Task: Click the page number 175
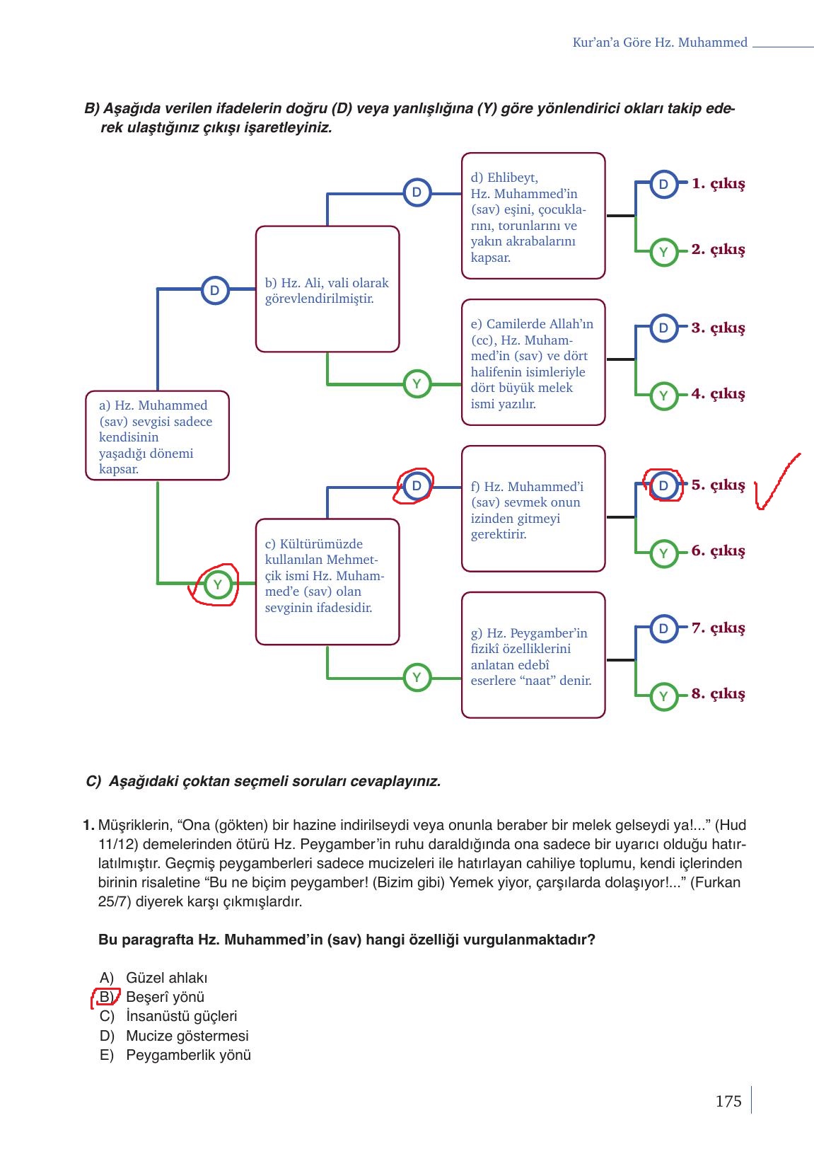coord(728,1101)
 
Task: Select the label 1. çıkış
coord(718,184)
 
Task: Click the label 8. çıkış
coord(718,694)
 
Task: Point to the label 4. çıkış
coord(718,394)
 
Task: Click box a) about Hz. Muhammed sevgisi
coord(157,436)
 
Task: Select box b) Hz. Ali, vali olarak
coord(327,289)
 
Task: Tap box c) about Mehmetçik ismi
coord(327,582)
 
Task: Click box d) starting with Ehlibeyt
coord(533,216)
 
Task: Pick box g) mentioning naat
coord(533,655)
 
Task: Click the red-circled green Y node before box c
coord(217,584)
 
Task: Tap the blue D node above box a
coord(214,290)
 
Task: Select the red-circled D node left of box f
coord(417,486)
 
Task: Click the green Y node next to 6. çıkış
coord(663,553)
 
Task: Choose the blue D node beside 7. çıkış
coord(663,629)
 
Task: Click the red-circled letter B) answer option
coord(106,998)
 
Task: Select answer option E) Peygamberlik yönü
coord(175,1056)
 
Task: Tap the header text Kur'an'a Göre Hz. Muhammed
coord(659,42)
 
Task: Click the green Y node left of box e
coord(417,384)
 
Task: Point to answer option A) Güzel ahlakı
coord(153,978)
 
